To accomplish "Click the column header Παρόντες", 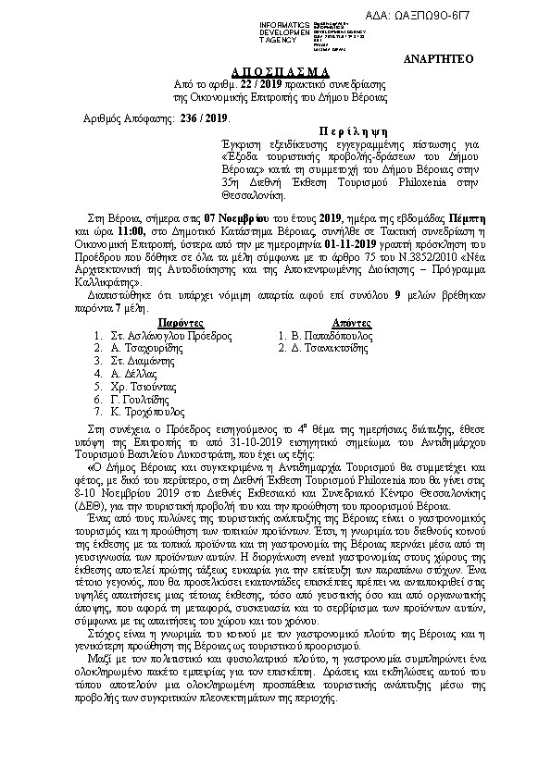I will pyautogui.click(x=168, y=323).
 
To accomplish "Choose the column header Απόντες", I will pyautogui.click(x=349, y=323).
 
